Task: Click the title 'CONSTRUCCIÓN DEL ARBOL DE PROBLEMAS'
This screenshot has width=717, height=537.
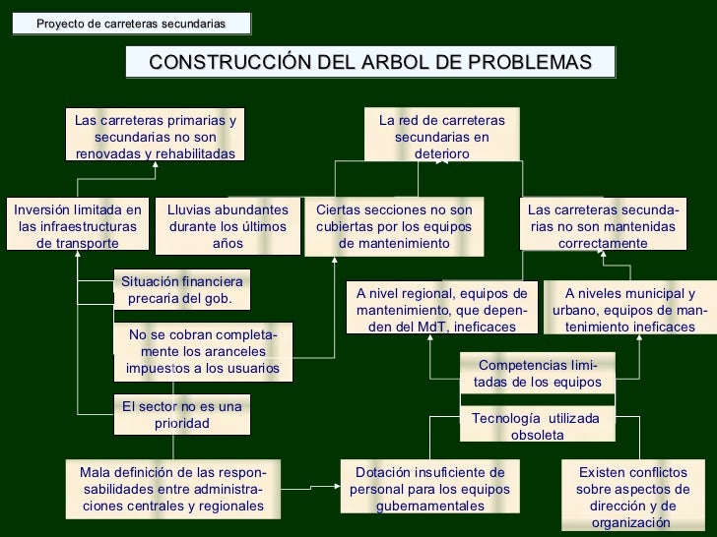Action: click(370, 62)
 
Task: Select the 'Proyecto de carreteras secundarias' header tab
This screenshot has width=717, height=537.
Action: click(131, 23)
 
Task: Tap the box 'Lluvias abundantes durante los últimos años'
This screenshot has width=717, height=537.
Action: click(228, 226)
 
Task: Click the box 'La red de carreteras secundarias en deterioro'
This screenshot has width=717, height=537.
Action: click(441, 137)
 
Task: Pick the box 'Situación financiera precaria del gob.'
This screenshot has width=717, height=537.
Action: click(181, 290)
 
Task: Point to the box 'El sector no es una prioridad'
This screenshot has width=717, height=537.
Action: click(181, 415)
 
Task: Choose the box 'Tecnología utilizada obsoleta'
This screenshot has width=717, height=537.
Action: click(537, 426)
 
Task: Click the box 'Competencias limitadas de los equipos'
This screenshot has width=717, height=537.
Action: click(537, 374)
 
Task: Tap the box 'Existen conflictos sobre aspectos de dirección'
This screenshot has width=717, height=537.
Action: click(632, 497)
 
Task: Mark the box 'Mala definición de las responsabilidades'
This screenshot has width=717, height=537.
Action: click(172, 489)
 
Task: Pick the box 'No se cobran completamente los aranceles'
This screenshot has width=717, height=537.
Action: click(202, 352)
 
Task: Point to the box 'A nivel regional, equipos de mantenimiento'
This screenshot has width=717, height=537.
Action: click(441, 309)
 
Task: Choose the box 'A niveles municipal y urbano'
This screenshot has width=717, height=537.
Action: click(629, 309)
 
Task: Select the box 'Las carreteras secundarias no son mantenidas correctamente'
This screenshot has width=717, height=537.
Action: click(603, 226)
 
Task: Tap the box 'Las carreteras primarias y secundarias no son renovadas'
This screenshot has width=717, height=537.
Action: click(156, 137)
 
